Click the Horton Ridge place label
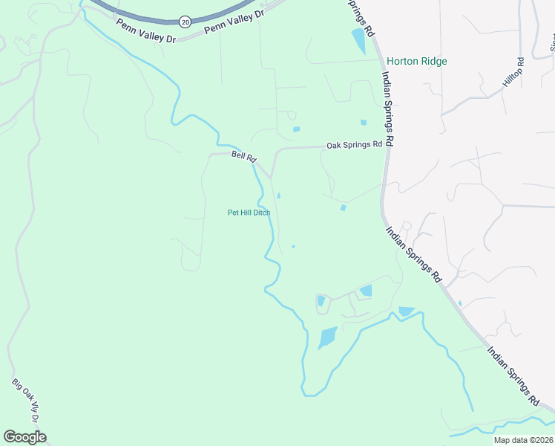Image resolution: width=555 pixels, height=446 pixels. pos(416,62)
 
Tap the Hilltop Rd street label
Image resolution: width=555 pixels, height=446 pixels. pos(513,74)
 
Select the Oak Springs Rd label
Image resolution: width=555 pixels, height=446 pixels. pos(355,145)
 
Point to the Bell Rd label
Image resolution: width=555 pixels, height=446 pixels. pos(243,157)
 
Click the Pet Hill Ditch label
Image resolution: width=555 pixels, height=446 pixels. pos(249,213)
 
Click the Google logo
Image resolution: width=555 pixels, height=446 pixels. pos(24,437)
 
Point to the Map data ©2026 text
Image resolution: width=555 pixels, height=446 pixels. pos(523,440)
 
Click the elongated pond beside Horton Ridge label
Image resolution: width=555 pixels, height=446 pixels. pos(359,40)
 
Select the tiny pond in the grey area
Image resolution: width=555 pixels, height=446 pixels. pos(460,303)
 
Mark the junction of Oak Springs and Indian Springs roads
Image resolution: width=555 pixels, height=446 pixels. pos(387,146)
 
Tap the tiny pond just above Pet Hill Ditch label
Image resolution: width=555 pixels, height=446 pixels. pos(278,195)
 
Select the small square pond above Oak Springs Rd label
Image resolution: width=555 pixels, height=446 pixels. pos(363,123)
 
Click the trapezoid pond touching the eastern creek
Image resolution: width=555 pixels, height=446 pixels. pos(406,311)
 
